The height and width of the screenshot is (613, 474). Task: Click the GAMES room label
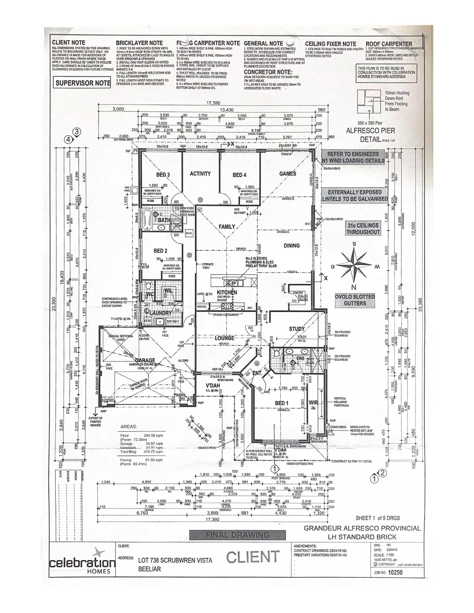[287, 174]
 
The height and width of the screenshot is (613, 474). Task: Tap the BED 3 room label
[163, 175]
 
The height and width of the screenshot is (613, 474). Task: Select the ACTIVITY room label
[200, 174]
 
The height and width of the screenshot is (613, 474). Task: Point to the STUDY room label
[296, 329]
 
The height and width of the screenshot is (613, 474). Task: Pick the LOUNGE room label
[224, 338]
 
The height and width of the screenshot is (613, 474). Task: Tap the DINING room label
[291, 246]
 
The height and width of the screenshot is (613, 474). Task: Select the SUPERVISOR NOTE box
[83, 83]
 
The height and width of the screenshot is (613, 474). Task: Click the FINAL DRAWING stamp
[237, 535]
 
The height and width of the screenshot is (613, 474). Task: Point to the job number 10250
[395, 572]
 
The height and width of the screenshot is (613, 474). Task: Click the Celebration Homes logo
[82, 562]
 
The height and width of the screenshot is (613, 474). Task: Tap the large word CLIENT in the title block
[253, 557]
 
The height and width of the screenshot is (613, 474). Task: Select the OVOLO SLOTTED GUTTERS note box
[355, 300]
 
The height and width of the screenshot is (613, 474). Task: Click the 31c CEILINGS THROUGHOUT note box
[363, 228]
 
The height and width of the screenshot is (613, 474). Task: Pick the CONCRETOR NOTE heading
[268, 72]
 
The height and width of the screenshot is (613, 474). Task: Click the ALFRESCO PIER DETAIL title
[370, 135]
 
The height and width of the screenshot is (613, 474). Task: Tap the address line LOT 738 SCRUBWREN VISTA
[175, 561]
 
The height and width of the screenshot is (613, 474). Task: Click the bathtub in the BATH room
[148, 220]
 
